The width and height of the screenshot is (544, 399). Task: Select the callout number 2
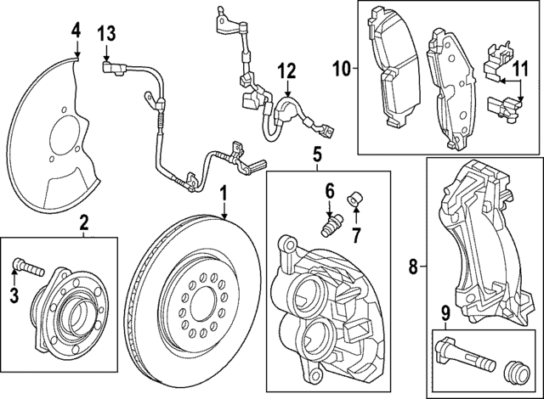pos(84,224)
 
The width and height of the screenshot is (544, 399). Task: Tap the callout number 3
pos(13,295)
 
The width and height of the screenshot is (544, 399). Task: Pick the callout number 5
pos(316,155)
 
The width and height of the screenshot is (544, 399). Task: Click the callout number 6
pos(329,192)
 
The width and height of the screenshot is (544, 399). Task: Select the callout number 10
pos(342,65)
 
